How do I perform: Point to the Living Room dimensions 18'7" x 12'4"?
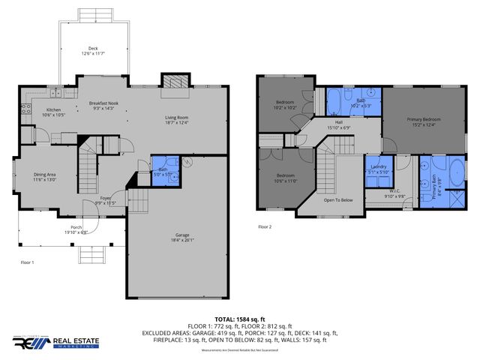click(x=177, y=122)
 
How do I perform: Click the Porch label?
click(x=76, y=228)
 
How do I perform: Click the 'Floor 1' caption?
click(x=28, y=262)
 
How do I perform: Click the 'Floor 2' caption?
click(x=265, y=226)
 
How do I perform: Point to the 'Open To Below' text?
click(x=338, y=200)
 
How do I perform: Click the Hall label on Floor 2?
click(x=339, y=123)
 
